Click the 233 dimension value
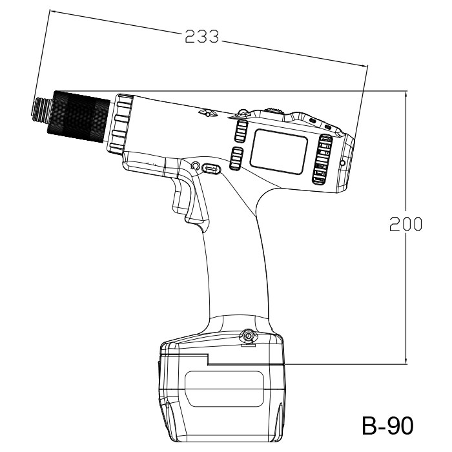point(201,37)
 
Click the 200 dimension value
point(406,224)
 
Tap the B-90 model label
point(387,426)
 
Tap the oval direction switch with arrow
point(212,169)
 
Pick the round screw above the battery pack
point(247,336)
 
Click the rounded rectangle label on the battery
point(224,389)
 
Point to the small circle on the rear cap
point(342,163)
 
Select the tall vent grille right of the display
point(322,159)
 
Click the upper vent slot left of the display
point(241,131)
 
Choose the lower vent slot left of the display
point(236,158)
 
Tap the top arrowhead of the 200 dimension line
point(406,94)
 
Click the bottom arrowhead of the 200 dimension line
point(406,361)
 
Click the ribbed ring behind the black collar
point(121,124)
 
